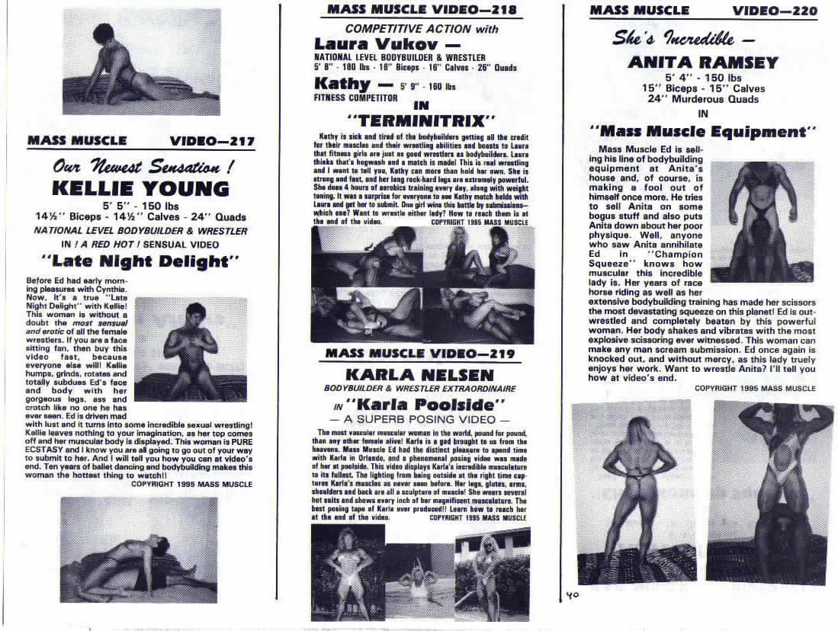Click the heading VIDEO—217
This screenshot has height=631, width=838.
pyautogui.click(x=212, y=141)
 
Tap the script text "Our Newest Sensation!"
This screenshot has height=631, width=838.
pyautogui.click(x=140, y=166)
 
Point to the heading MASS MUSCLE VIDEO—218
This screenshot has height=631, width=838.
pyautogui.click(x=422, y=10)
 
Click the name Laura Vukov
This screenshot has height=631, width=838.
pyautogui.click(x=377, y=44)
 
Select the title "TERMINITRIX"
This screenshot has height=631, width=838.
pyautogui.click(x=422, y=120)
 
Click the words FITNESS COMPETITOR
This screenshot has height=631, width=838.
pyautogui.click(x=355, y=98)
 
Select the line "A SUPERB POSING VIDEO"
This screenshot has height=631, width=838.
pyautogui.click(x=419, y=420)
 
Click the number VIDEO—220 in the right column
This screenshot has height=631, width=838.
pyautogui.click(x=775, y=11)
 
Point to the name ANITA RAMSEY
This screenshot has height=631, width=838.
pyautogui.click(x=702, y=62)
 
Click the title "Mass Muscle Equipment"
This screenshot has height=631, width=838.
pyautogui.click(x=702, y=132)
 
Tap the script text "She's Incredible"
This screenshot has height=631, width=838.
pyautogui.click(x=684, y=38)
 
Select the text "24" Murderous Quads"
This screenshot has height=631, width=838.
pyautogui.click(x=702, y=99)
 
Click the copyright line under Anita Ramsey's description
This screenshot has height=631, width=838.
pyautogui.click(x=754, y=388)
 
